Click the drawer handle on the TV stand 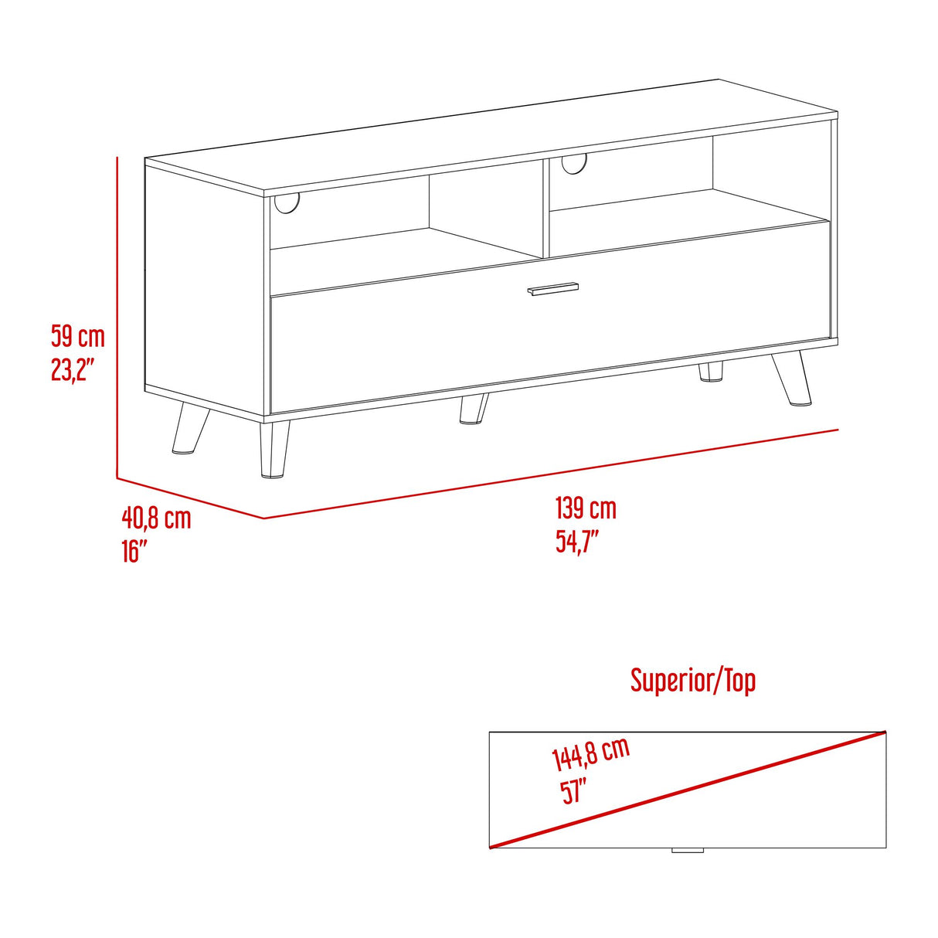click(552, 288)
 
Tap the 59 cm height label click(77, 336)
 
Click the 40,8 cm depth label click(156, 517)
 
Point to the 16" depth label click(134, 551)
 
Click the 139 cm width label click(586, 508)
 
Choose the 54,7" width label click(577, 542)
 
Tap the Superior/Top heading click(692, 681)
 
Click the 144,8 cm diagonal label click(590, 753)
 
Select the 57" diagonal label click(574, 792)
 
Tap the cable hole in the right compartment click(574, 162)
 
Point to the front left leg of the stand click(274, 450)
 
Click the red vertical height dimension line click(117, 317)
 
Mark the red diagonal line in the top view click(688, 789)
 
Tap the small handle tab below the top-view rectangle click(687, 851)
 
